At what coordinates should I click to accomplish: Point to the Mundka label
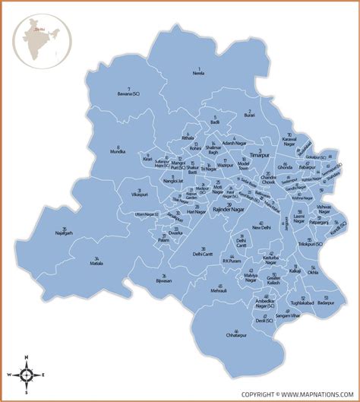click(118, 152)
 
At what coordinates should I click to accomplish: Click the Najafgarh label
click(66, 233)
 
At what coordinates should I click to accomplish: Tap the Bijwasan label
click(163, 280)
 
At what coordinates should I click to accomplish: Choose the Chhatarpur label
click(238, 335)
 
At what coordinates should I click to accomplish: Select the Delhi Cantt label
click(203, 254)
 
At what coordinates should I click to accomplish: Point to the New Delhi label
click(261, 227)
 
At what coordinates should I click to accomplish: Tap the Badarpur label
click(325, 301)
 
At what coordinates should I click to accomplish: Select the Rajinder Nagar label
click(232, 208)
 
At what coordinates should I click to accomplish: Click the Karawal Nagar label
click(289, 140)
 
